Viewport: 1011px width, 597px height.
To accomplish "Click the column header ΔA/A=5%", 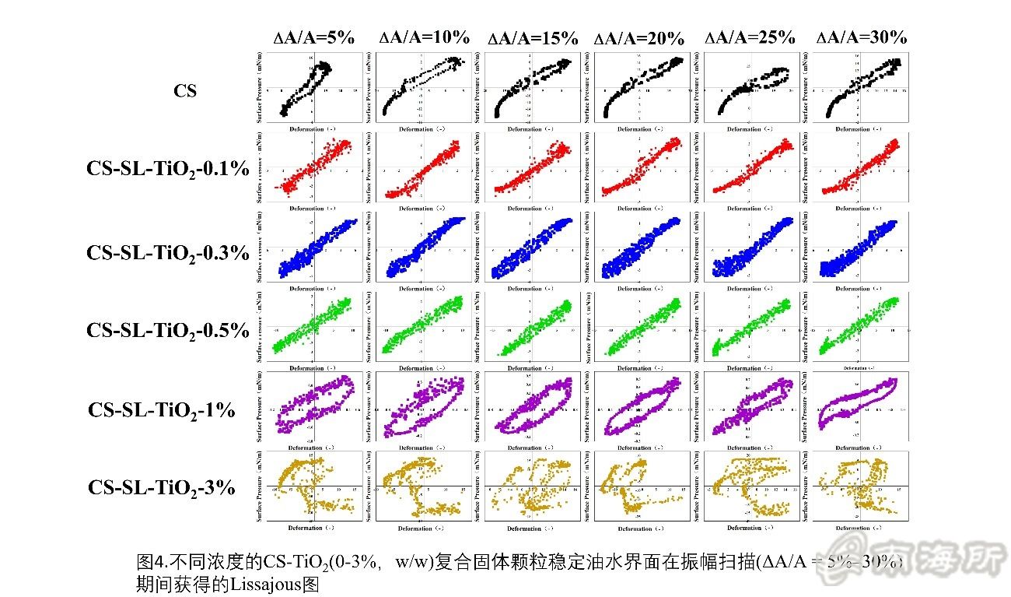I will tap(314, 37).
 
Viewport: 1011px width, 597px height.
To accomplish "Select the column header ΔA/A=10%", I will tap(425, 37).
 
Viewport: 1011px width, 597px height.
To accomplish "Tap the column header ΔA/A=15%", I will tap(533, 37).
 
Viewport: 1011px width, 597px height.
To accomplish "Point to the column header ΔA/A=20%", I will tap(639, 38).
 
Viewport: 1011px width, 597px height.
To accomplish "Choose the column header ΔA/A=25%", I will tap(750, 37).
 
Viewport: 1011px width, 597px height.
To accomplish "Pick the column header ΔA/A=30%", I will tap(861, 37).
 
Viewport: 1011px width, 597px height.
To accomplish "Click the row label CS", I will tap(185, 91).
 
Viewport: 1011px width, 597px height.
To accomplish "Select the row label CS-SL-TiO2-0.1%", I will tap(168, 169).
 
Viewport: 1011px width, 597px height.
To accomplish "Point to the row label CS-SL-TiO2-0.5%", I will tap(168, 330).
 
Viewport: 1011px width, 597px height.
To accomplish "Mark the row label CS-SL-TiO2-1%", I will tap(162, 409).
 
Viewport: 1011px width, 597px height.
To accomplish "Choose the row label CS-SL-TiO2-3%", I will tap(162, 488).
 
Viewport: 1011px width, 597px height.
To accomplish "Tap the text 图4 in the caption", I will tap(147, 562).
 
